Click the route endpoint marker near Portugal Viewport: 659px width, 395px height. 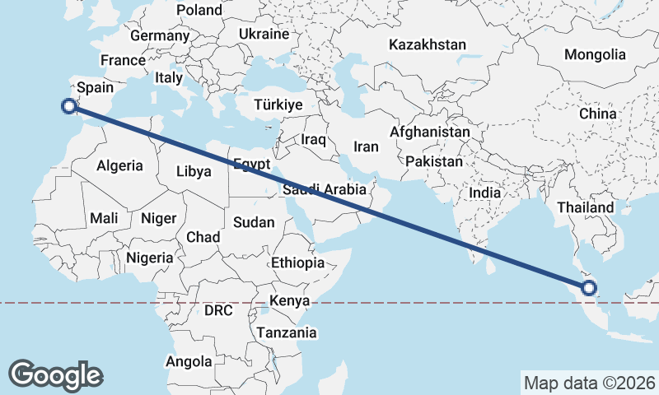point(70,105)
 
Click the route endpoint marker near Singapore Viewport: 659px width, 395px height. point(588,287)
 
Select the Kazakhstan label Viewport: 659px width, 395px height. point(428,45)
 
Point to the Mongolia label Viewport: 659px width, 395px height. point(595,55)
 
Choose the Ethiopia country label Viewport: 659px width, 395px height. point(297,263)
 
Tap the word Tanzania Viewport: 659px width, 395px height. point(286,332)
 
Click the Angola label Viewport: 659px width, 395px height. point(189,361)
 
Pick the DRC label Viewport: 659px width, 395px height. point(218,311)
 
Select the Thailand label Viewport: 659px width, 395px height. point(585,207)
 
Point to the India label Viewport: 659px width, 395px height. point(485,192)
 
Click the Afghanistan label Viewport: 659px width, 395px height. point(430,132)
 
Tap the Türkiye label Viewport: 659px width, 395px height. point(278,105)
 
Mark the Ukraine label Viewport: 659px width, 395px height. point(264,34)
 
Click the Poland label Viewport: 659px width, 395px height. point(200,10)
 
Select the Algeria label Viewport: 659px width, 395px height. point(119,165)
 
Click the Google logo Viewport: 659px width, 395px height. point(55,374)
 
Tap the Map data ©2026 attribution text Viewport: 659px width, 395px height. point(589,383)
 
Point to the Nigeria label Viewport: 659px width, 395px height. point(150,258)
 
